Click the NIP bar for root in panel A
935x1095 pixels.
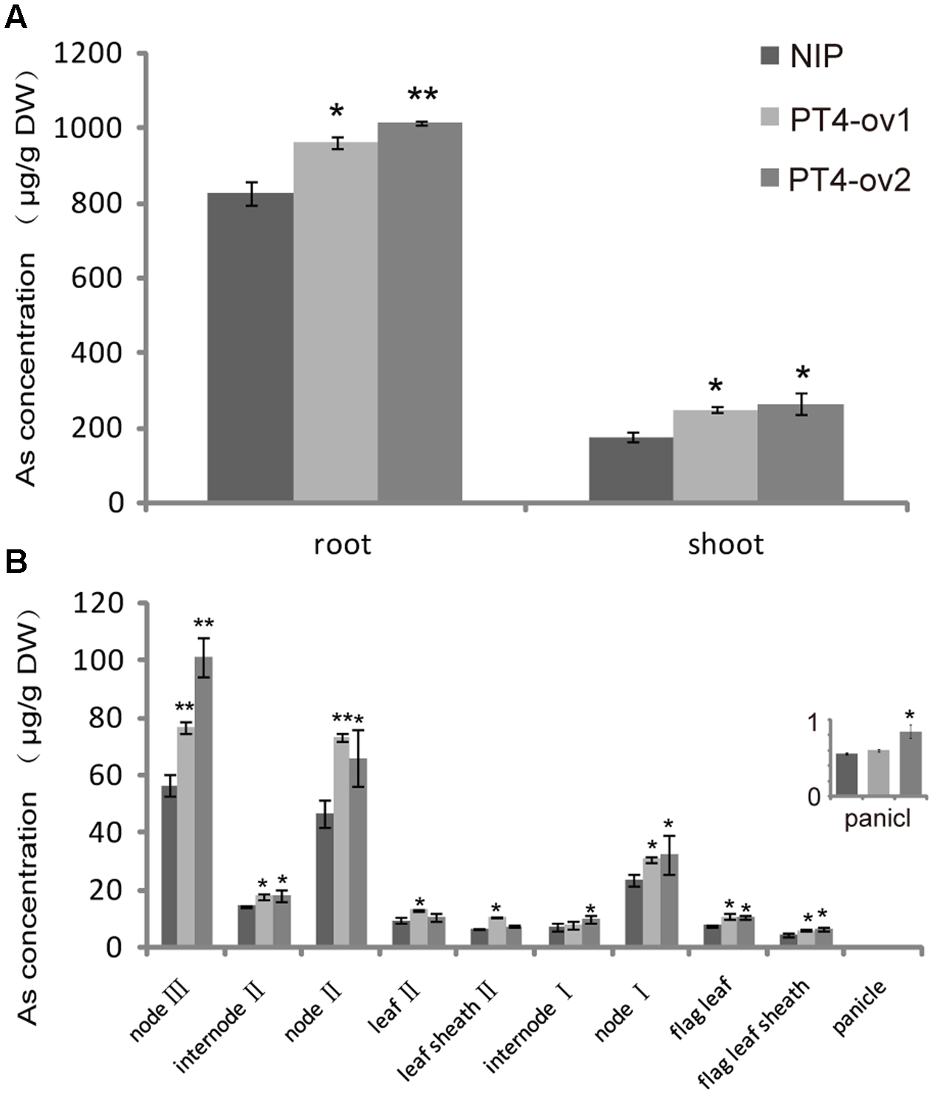[250, 347]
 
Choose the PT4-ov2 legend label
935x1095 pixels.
[849, 179]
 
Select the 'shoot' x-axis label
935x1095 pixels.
[725, 545]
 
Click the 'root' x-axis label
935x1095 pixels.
[342, 545]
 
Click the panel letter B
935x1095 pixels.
[16, 562]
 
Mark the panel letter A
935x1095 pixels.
[16, 16]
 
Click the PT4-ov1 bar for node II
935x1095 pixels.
[341, 841]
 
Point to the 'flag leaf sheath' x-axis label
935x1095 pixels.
[753, 1034]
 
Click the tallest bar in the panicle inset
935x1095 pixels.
[910, 764]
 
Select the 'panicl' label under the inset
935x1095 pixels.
[877, 820]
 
